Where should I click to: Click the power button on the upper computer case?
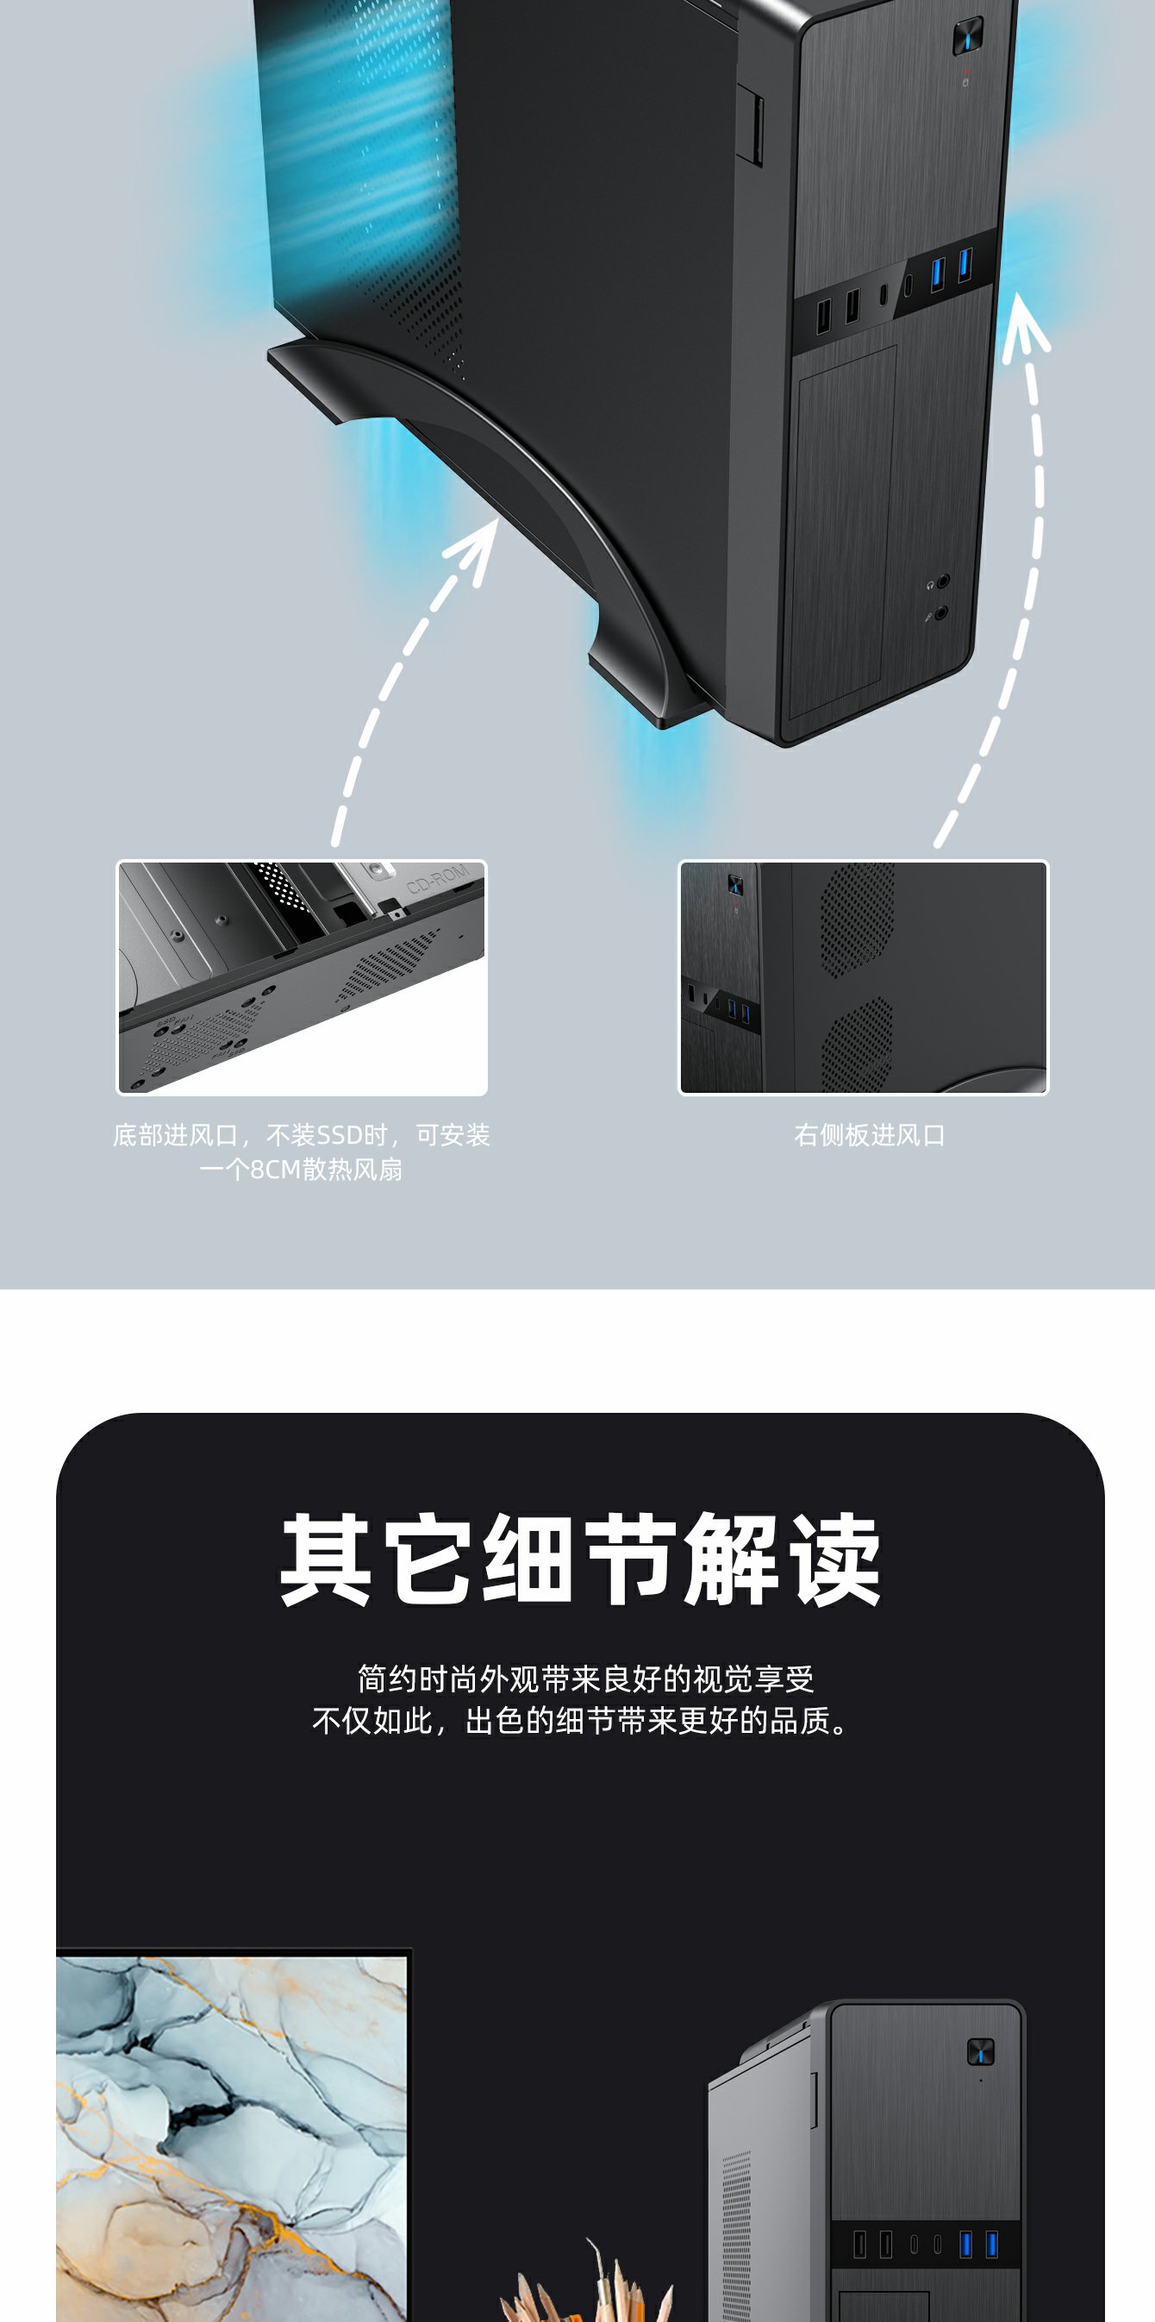pos(968,36)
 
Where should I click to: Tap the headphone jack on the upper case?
pos(942,581)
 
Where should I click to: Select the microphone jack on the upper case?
pos(941,613)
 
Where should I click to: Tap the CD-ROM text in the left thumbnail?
pos(438,878)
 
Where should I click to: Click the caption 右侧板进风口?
pos(870,1135)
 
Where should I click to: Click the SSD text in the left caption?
pos(339,1135)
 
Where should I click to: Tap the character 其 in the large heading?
pos(325,1560)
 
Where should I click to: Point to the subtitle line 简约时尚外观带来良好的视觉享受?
pos(585,1679)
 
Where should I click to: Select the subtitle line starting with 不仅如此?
pos(581,1721)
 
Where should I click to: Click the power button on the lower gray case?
pos(980,2051)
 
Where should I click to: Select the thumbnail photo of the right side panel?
pos(864,978)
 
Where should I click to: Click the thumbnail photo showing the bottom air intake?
pos(302,978)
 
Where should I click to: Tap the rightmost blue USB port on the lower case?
pos(992,2244)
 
